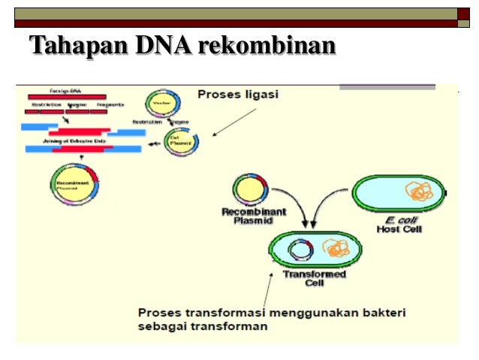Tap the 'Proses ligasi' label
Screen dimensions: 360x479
(x=238, y=95)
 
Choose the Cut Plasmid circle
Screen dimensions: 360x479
(x=181, y=141)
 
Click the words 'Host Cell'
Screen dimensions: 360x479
(x=398, y=228)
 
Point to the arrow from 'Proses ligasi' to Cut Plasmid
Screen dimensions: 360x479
(x=234, y=122)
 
